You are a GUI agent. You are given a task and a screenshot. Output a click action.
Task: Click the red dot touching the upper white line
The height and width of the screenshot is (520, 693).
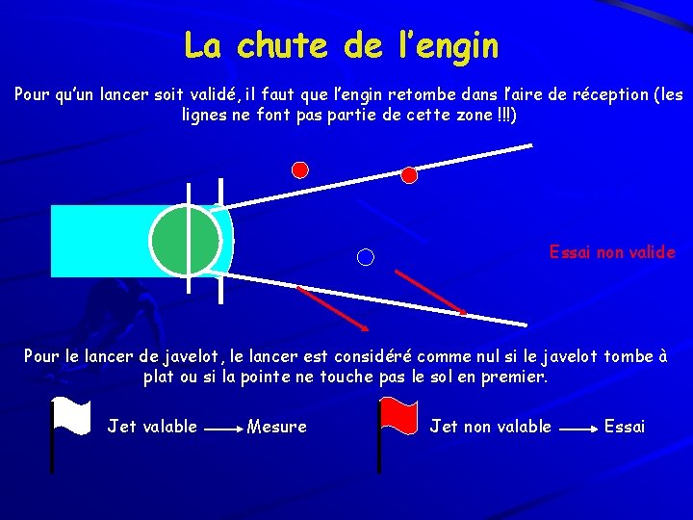(x=409, y=175)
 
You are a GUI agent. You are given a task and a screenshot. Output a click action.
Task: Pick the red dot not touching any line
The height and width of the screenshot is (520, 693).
(x=300, y=169)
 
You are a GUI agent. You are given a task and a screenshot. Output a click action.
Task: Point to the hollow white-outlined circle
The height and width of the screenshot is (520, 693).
(x=366, y=256)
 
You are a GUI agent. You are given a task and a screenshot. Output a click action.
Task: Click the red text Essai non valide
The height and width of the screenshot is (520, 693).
(x=612, y=252)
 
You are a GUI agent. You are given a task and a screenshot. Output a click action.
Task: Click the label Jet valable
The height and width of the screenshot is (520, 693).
(x=152, y=426)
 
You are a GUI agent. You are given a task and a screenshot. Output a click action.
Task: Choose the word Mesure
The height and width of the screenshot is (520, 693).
(x=277, y=426)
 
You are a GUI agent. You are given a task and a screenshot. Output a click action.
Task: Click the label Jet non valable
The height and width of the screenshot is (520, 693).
(x=490, y=426)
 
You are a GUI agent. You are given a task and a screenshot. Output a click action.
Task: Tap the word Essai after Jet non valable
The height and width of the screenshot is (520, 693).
(x=625, y=426)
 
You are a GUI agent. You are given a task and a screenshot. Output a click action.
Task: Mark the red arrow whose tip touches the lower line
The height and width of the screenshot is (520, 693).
(x=430, y=292)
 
